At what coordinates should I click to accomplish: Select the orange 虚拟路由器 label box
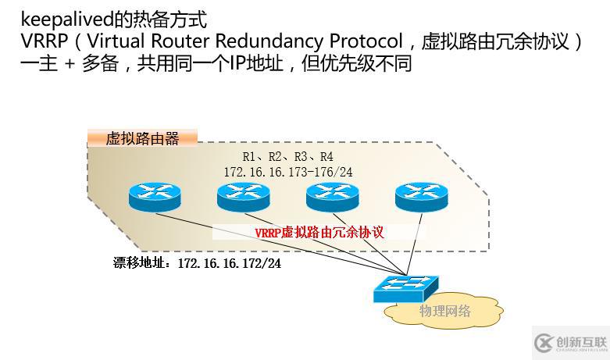click(142, 139)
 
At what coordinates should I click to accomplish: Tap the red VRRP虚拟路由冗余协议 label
click(319, 232)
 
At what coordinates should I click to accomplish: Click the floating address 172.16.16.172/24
click(229, 263)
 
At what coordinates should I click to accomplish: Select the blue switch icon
click(406, 288)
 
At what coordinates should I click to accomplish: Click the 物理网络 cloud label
click(444, 311)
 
